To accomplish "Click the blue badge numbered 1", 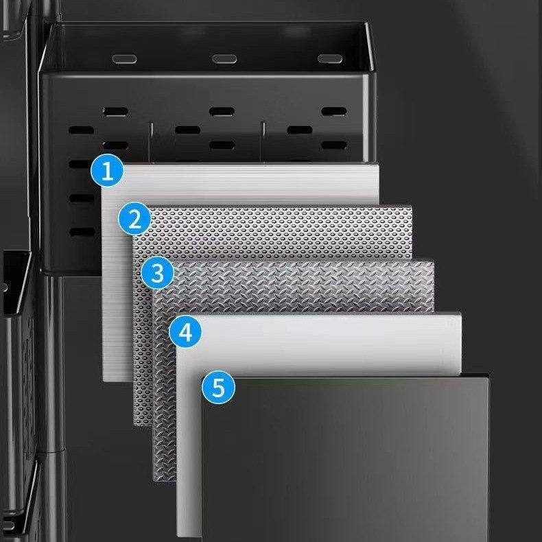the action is pyautogui.click(x=107, y=170).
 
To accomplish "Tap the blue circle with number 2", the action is pyautogui.click(x=134, y=219).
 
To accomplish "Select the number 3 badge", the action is pyautogui.click(x=157, y=273).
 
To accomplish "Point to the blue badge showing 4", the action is pyautogui.click(x=185, y=332).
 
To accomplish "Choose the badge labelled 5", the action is pyautogui.click(x=218, y=387).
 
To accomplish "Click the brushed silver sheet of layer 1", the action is pyautogui.click(x=242, y=183).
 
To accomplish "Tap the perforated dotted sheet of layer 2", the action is pyautogui.click(x=276, y=232).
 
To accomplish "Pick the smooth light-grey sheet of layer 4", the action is pyautogui.click(x=322, y=342).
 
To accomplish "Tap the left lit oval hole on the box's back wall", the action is pyautogui.click(x=124, y=59).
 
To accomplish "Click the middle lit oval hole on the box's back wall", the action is pyautogui.click(x=224, y=59).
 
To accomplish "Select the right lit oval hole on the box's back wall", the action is pyautogui.click(x=330, y=58).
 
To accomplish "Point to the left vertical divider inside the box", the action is pyautogui.click(x=151, y=141).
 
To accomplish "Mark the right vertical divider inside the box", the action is pyautogui.click(x=263, y=141).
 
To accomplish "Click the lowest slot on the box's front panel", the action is pyautogui.click(x=82, y=232).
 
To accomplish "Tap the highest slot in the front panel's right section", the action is pyautogui.click(x=334, y=111).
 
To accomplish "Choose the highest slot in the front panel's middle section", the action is pyautogui.click(x=222, y=112).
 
